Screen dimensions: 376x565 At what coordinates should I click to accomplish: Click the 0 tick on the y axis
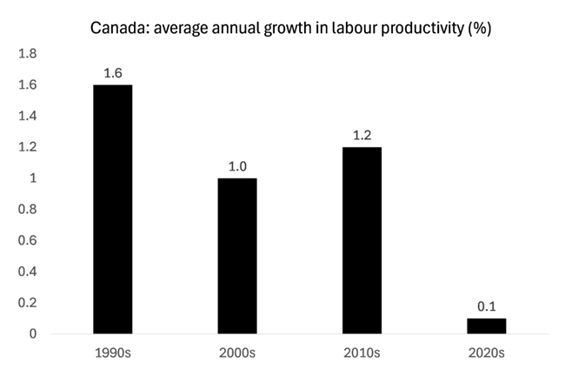(x=31, y=334)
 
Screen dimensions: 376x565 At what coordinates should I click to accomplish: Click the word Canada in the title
(x=121, y=26)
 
